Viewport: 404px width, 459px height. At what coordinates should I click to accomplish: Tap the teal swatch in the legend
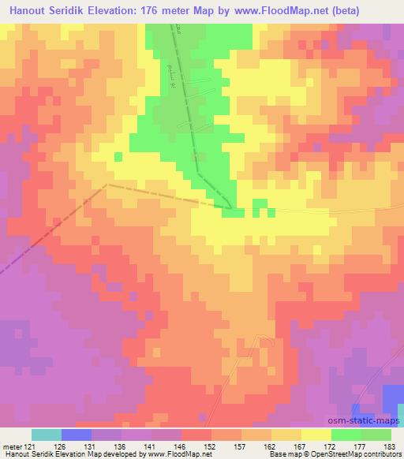46,435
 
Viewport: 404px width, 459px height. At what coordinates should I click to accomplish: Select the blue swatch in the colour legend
76,435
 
